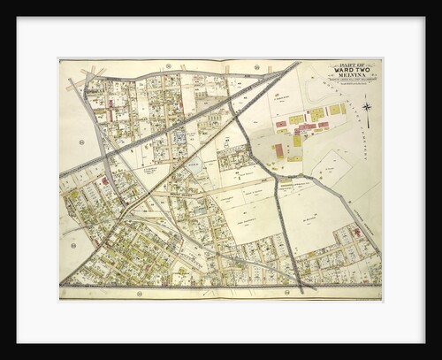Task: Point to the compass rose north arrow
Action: tap(367, 108)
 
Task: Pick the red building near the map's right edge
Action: tap(357, 232)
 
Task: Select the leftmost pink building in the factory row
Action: tap(281, 125)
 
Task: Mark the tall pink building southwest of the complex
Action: tap(279, 151)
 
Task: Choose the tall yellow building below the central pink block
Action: tap(297, 140)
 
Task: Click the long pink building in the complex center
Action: tap(306, 127)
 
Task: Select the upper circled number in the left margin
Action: tap(80, 141)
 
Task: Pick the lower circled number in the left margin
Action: tap(72, 245)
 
